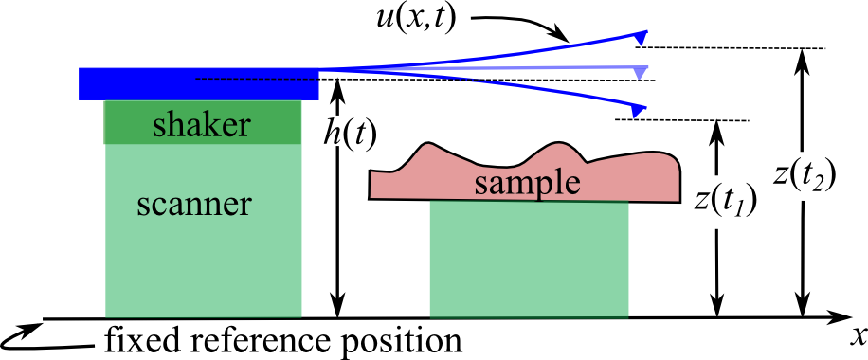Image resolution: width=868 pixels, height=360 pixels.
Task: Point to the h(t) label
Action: (x=350, y=135)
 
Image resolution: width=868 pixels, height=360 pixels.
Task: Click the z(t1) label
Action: (x=725, y=201)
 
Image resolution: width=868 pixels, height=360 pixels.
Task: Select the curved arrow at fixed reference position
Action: (x=24, y=334)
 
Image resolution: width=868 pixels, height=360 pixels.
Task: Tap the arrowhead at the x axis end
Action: (x=838, y=318)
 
